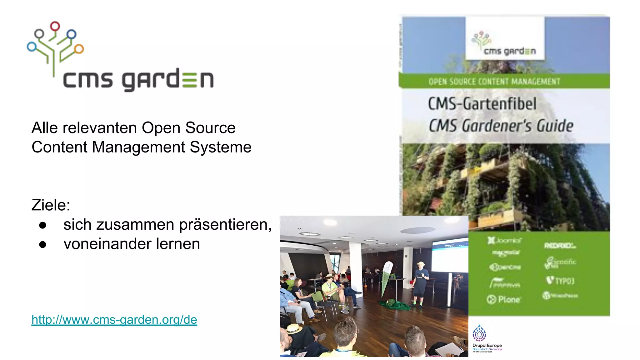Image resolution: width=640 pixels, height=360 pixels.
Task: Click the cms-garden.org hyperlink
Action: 114,320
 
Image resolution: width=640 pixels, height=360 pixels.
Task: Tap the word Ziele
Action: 50,205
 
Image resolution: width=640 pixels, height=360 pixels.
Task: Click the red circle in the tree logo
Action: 55,26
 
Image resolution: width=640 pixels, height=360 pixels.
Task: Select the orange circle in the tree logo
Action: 79,49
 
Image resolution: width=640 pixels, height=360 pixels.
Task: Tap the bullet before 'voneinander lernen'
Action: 43,244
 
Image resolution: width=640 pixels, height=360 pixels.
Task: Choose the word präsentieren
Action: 223,225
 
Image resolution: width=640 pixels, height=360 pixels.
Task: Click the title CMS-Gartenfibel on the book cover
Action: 482,104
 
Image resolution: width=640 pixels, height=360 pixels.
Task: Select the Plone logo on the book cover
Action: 503,299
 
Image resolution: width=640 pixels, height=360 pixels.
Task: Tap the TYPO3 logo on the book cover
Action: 561,280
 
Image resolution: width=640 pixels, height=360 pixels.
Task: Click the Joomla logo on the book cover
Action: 504,240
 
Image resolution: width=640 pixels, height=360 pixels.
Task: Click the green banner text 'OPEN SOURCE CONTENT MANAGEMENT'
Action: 494,82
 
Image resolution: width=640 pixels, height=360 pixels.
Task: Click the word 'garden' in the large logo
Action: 168,80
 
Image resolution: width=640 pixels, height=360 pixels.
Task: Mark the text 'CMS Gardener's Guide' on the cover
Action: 501,126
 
